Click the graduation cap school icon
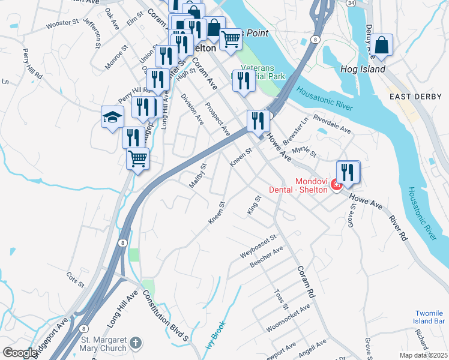(x=112, y=116)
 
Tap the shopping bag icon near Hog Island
(x=381, y=44)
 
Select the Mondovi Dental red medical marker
(x=337, y=185)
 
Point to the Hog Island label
(x=364, y=69)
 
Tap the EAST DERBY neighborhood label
(x=411, y=97)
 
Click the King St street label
(x=255, y=205)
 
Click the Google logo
(x=20, y=353)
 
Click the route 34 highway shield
(x=350, y=3)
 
